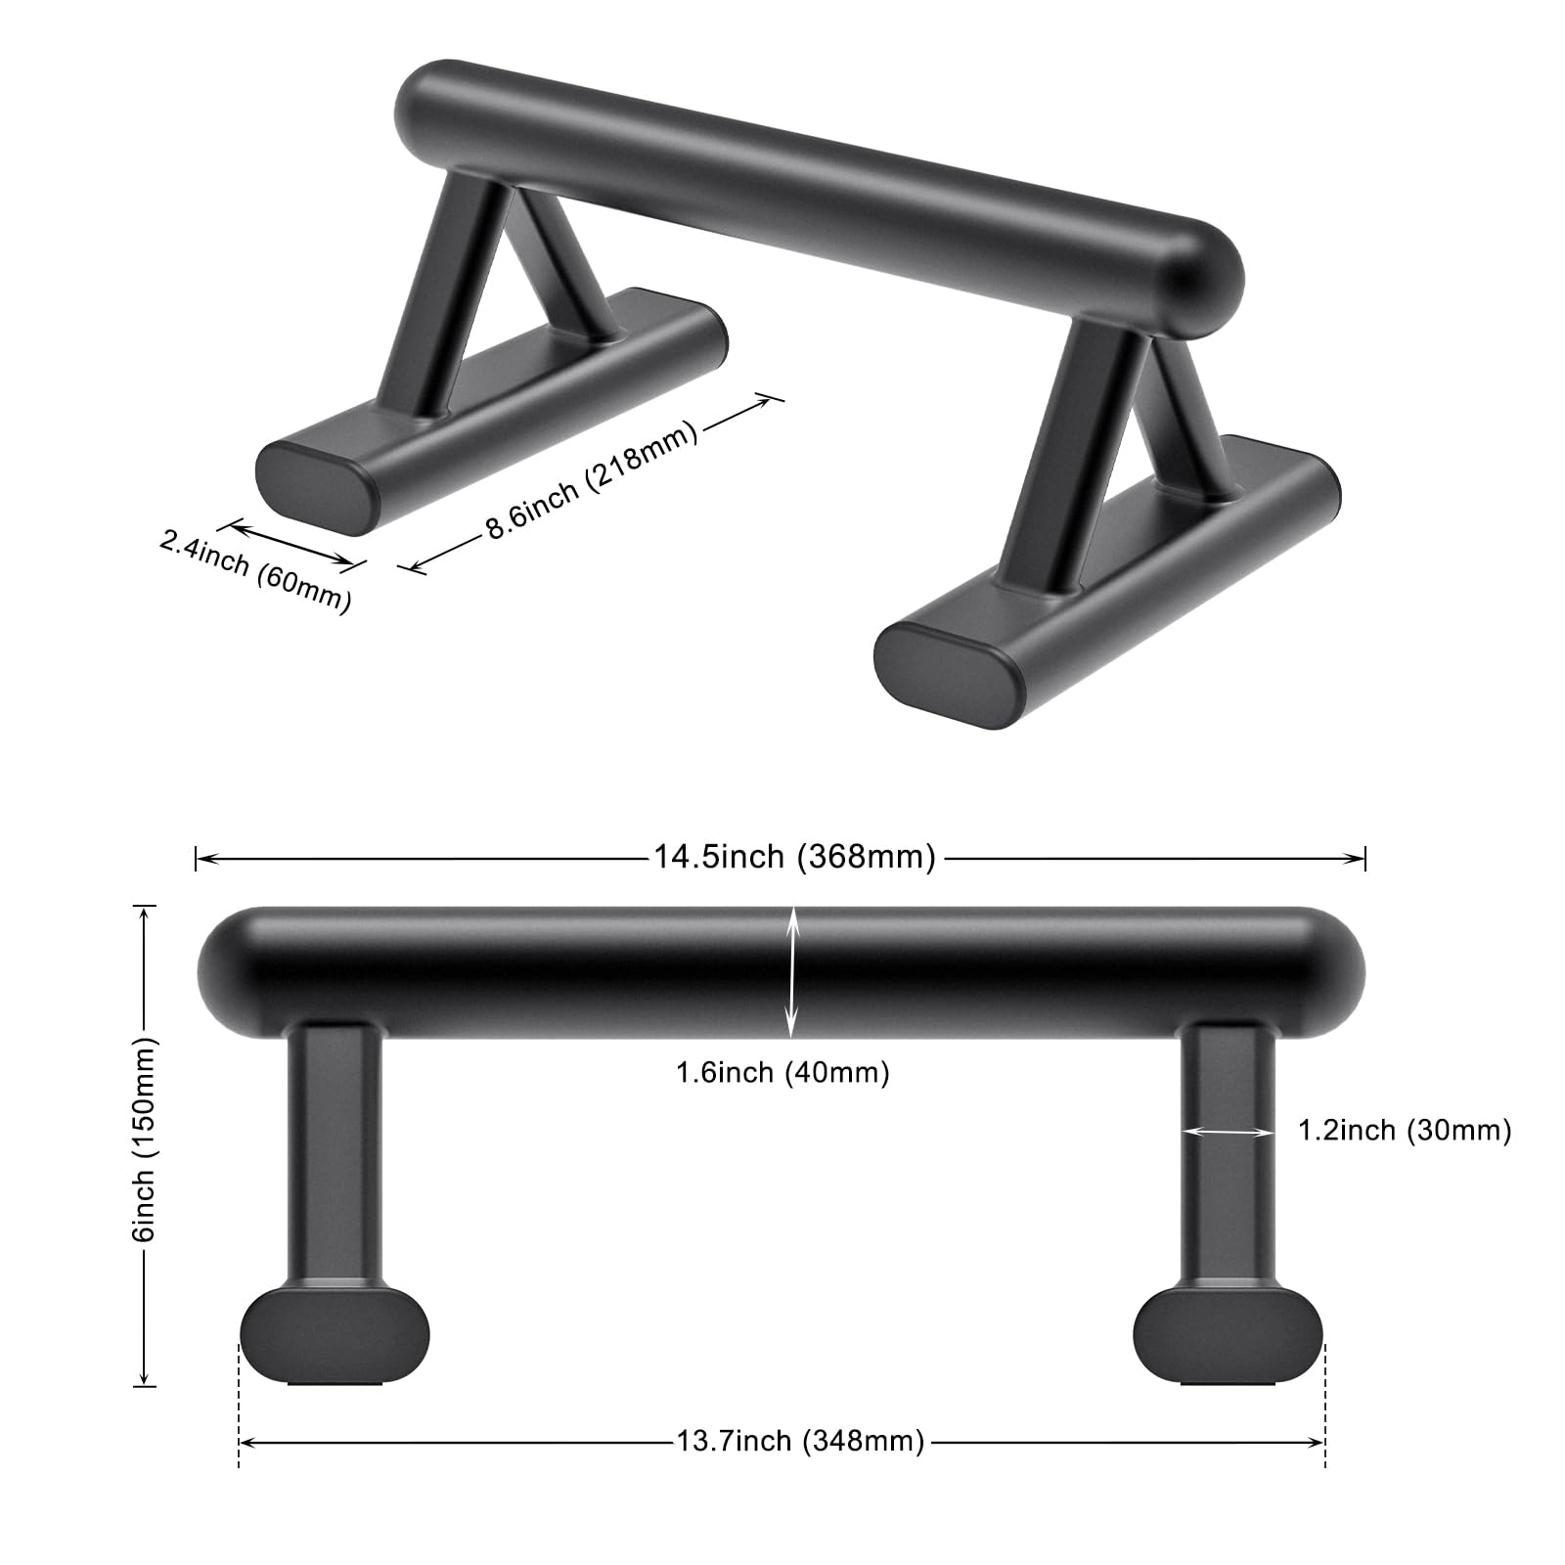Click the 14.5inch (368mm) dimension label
[795, 857]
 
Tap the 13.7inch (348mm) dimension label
[800, 1441]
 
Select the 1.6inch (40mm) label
[782, 1073]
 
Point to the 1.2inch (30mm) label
[1405, 1131]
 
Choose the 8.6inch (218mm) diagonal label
[593, 479]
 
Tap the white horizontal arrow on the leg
[1229, 1132]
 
